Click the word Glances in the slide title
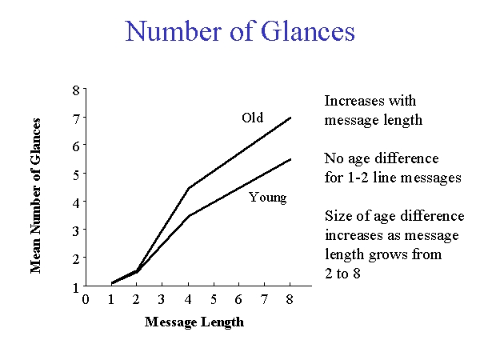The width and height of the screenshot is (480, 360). click(x=308, y=31)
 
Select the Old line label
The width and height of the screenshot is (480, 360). click(x=252, y=118)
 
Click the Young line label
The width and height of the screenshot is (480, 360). click(x=268, y=198)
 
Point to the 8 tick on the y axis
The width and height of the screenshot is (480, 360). click(x=76, y=90)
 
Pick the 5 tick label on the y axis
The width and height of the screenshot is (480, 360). click(x=76, y=175)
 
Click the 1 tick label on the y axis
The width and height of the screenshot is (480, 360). click(x=76, y=288)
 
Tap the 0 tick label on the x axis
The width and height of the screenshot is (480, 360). click(x=86, y=299)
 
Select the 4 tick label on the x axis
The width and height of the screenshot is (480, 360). click(x=188, y=299)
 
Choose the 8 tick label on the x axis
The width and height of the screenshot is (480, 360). click(x=290, y=299)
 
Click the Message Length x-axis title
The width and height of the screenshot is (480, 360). click(x=194, y=322)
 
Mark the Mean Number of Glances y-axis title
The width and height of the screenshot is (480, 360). click(x=35, y=196)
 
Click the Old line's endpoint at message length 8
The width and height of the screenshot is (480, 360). click(x=290, y=118)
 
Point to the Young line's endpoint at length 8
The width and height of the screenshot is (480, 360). click(x=290, y=159)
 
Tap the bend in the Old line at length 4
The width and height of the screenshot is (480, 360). click(x=188, y=188)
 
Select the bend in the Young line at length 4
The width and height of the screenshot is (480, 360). click(x=189, y=216)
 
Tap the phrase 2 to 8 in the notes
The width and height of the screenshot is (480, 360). click(x=342, y=274)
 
